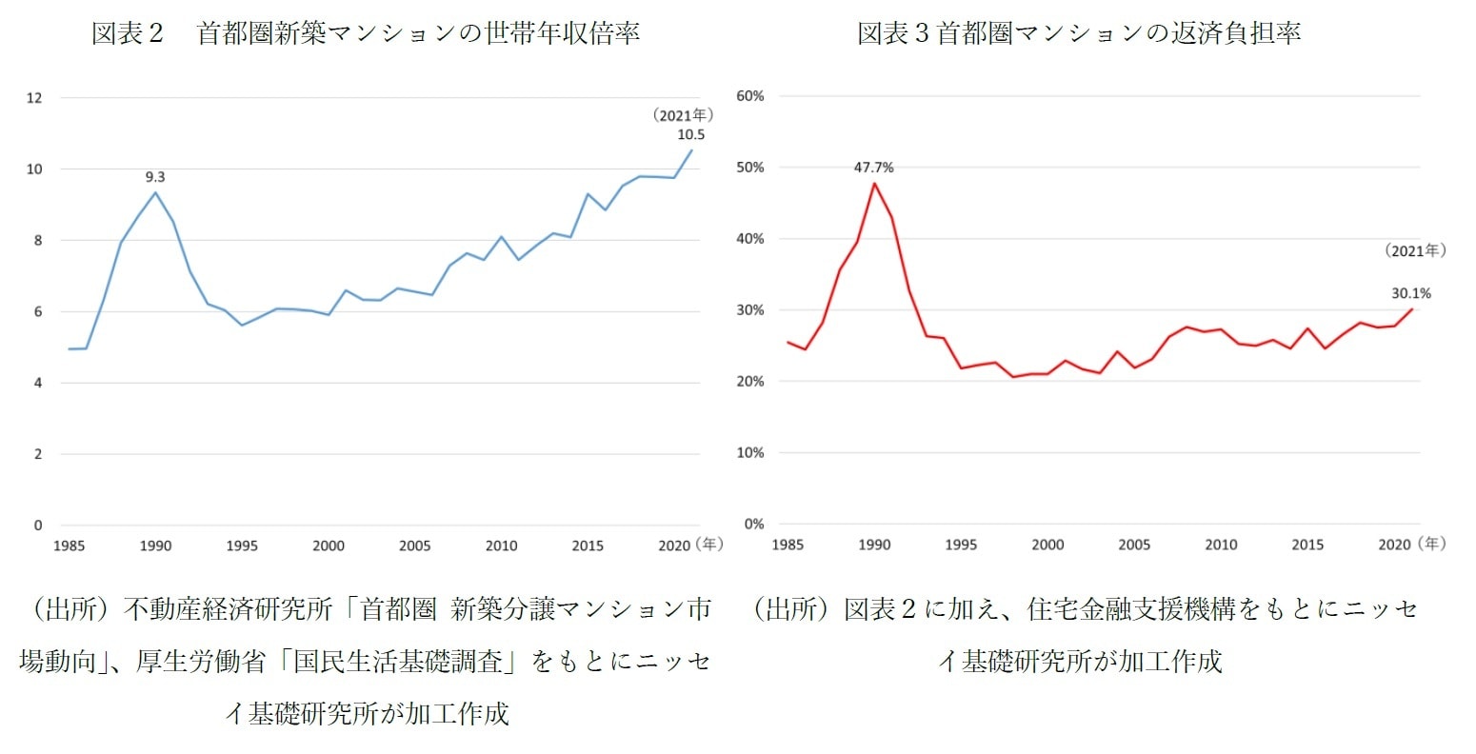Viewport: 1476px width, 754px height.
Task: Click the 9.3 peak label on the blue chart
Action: (x=154, y=177)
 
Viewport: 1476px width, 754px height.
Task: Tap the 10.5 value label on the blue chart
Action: (x=690, y=134)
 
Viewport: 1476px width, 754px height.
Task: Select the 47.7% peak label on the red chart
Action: (x=873, y=168)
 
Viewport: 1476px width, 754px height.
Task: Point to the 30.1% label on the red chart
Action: (x=1410, y=293)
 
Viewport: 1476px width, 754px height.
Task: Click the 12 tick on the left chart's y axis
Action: (x=35, y=98)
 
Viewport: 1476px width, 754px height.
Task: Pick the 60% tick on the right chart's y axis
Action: (x=750, y=96)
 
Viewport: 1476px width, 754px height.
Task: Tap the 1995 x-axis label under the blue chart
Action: (x=242, y=546)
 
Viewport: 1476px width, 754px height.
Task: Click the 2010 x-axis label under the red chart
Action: (x=1221, y=545)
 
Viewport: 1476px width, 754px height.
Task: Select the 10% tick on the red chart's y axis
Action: (x=750, y=453)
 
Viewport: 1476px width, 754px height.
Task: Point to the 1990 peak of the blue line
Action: (x=155, y=192)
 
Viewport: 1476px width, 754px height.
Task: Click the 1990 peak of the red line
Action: (x=874, y=183)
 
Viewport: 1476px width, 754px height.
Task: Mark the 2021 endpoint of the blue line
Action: (x=691, y=150)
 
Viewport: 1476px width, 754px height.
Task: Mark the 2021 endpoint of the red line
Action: (x=1411, y=308)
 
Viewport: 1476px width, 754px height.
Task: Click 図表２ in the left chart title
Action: (x=128, y=33)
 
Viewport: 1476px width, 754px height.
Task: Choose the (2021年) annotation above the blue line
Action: (x=683, y=115)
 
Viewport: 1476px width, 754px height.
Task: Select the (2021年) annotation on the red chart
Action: (x=1415, y=250)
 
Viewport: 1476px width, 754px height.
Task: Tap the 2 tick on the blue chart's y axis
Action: (x=38, y=454)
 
